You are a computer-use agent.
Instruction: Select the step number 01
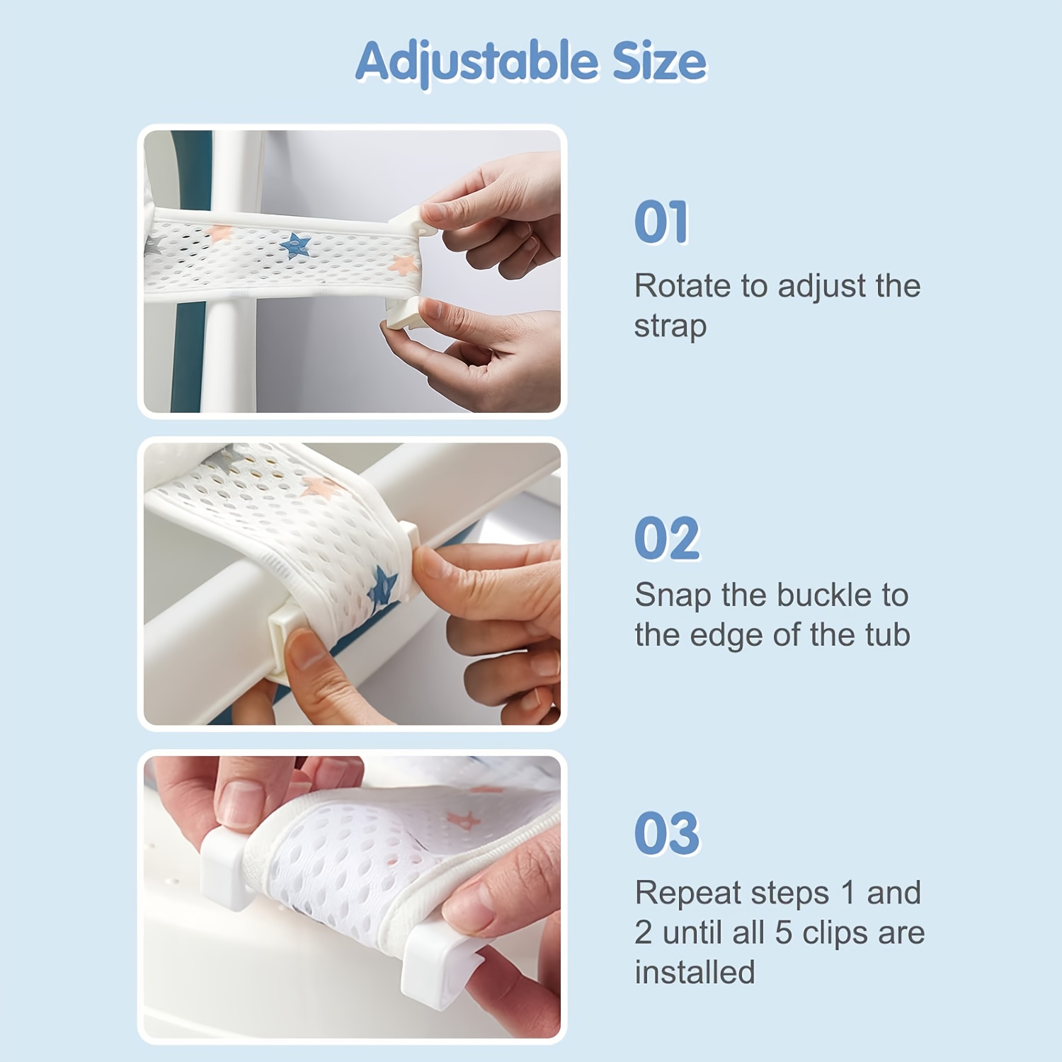coord(661,222)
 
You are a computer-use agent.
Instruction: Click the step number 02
coord(667,538)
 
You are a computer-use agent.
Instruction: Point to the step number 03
coord(667,833)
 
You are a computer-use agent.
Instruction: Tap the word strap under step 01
coord(670,326)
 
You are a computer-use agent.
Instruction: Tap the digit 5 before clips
coord(783,933)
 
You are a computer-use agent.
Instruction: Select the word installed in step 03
coord(695,973)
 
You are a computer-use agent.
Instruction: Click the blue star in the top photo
coord(295,246)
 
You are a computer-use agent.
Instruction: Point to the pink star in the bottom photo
coord(464,821)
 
